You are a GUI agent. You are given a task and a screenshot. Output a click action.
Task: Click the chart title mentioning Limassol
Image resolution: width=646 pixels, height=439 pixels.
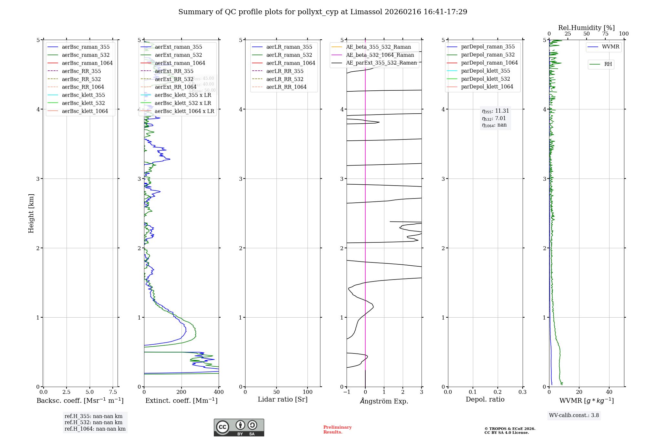pyautogui.click(x=323, y=12)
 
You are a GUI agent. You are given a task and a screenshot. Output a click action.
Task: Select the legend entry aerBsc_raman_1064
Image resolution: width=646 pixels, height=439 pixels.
pyautogui.click(x=87, y=63)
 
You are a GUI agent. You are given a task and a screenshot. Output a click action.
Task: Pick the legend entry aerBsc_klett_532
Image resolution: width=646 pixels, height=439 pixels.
pyautogui.click(x=83, y=103)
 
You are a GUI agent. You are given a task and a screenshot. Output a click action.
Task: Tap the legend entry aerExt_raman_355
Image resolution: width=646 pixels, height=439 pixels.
pyautogui.click(x=178, y=47)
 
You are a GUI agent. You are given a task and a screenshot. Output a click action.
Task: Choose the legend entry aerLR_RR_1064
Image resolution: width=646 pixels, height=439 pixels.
pyautogui.click(x=286, y=87)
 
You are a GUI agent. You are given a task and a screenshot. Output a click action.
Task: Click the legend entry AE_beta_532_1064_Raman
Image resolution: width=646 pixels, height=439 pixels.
pyautogui.click(x=380, y=55)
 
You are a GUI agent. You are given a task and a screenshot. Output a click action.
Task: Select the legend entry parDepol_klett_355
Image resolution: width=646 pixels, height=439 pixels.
pyautogui.click(x=485, y=71)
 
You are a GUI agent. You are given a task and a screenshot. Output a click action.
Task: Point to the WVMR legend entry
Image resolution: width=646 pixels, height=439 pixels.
pyautogui.click(x=610, y=47)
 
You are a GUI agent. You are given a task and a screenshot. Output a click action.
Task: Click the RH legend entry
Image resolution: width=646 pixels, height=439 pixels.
pyautogui.click(x=608, y=64)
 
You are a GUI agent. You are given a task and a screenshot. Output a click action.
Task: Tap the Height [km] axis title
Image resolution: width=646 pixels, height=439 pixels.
pyautogui.click(x=31, y=213)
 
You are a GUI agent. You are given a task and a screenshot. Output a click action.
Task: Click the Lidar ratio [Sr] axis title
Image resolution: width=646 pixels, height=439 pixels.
pyautogui.click(x=283, y=399)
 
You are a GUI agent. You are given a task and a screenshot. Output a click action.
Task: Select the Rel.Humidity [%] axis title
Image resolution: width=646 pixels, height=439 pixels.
pyautogui.click(x=586, y=28)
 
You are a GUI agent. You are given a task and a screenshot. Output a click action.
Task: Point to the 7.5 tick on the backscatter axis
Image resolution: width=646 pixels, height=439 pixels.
pyautogui.click(x=113, y=392)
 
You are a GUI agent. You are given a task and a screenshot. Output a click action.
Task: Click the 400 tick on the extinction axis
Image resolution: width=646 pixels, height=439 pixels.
pyautogui.click(x=219, y=392)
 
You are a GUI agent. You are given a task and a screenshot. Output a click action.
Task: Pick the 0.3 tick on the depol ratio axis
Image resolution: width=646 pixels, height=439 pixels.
pyautogui.click(x=522, y=392)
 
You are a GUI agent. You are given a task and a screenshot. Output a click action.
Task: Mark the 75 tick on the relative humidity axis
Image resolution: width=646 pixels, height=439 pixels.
pyautogui.click(x=605, y=34)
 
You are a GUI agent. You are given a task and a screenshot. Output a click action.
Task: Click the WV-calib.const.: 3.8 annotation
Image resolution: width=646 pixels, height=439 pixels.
pyautogui.click(x=574, y=415)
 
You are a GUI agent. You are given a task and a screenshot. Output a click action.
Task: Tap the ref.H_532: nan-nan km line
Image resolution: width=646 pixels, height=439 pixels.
pyautogui.click(x=93, y=423)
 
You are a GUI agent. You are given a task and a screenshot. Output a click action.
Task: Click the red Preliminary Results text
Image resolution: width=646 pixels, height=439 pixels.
pyautogui.click(x=337, y=430)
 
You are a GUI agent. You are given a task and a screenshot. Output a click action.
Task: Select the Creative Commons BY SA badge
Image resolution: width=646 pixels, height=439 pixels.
pyautogui.click(x=239, y=428)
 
